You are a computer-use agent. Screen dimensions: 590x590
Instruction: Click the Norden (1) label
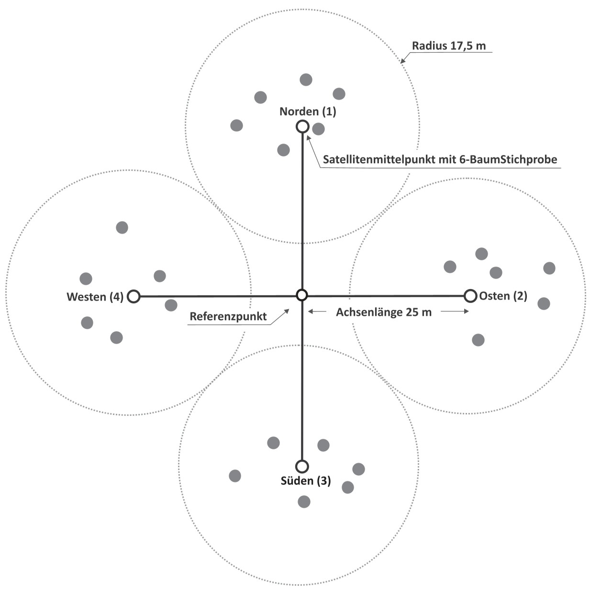pos(308,111)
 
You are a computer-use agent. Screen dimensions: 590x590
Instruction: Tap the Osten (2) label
pos(503,296)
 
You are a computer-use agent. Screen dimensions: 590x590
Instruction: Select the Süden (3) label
pos(305,480)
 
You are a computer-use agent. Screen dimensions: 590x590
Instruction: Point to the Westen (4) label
pos(95,297)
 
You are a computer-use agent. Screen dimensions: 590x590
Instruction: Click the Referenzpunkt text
pos(228,316)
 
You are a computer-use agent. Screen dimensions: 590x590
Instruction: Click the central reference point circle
pos(301,295)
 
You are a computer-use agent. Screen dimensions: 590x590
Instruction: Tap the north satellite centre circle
pos(302,126)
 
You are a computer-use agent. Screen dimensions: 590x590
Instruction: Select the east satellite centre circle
pos(471,296)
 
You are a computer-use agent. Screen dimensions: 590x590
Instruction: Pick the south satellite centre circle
pos(302,466)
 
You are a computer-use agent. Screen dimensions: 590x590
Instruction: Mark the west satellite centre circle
pos(134,297)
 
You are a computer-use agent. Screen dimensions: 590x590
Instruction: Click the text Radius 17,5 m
pos(449,46)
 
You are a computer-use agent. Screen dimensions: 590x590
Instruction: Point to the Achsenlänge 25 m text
pos(384,312)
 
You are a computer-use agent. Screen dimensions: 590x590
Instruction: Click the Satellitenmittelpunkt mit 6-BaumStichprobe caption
pos(440,159)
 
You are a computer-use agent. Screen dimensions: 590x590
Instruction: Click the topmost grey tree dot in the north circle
pos(306,79)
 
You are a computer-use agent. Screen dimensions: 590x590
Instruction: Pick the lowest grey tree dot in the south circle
pos(304,501)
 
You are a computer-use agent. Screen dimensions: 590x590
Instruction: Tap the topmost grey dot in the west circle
pos(122,227)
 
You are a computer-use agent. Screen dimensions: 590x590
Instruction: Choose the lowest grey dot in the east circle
pos(478,340)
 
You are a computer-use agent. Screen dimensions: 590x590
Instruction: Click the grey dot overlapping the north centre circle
pos(318,128)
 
